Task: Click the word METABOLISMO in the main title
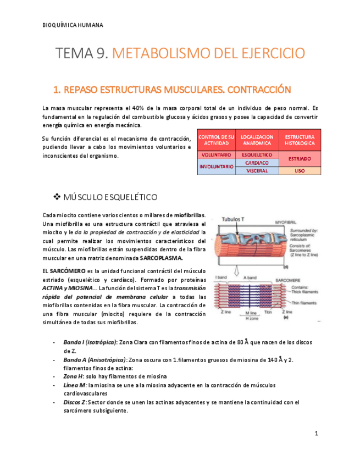point(156,53)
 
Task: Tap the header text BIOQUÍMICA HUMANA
point(72,25)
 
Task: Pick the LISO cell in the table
point(300,171)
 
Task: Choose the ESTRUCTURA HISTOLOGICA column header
point(300,140)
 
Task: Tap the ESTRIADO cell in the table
point(300,159)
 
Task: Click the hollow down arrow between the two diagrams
point(236,269)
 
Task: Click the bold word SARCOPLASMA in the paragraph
point(161,258)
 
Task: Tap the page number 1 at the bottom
point(317,434)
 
